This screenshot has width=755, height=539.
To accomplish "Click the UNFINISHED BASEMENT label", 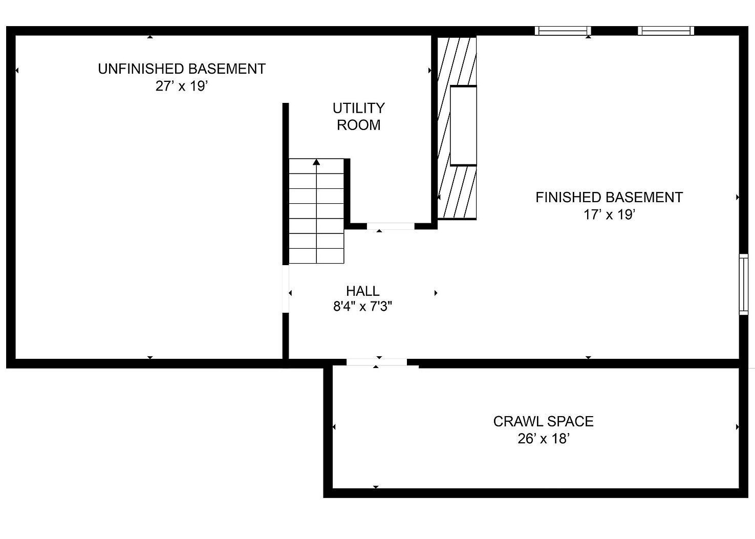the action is click(x=182, y=69).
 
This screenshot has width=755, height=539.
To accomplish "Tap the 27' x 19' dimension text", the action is click(x=182, y=86).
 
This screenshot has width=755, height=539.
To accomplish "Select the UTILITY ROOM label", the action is click(x=359, y=117).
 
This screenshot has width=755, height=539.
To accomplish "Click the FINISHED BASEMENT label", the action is click(x=609, y=197).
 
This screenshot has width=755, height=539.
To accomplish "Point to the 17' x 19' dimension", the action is click(x=610, y=214).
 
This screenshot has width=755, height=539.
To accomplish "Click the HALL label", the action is click(x=363, y=291).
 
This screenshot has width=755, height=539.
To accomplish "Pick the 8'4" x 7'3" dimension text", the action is click(x=363, y=307).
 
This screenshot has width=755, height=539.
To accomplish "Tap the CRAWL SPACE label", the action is click(x=543, y=421).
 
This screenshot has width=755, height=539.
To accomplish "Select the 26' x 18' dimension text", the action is click(x=544, y=439).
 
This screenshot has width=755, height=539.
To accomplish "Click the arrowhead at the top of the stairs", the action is click(x=316, y=162).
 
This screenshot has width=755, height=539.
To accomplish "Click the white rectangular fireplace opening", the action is click(x=463, y=125).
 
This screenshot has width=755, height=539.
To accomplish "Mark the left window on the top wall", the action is click(x=563, y=31).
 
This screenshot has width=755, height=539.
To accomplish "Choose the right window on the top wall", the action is click(x=666, y=31).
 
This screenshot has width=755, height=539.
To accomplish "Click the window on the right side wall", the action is click(x=744, y=284).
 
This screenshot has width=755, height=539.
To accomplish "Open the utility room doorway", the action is click(x=391, y=226).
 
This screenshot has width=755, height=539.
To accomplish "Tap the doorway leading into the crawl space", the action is click(x=377, y=362).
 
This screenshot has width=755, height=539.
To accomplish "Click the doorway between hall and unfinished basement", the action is click(x=286, y=289).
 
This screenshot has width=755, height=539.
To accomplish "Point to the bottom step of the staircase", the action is click(x=316, y=256).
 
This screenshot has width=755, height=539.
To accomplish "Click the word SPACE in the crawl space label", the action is click(x=570, y=421).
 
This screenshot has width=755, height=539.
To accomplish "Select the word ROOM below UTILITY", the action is click(x=359, y=125).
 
